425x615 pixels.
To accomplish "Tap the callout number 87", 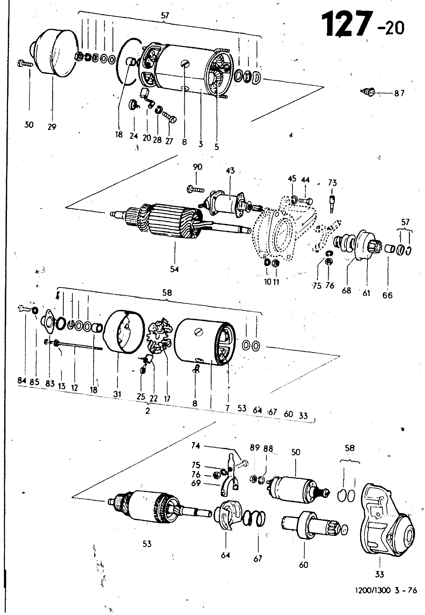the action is pos(399,93).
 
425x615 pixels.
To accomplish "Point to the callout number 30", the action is pos(29,125).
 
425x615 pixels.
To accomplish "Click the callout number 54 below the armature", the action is pos(174,269).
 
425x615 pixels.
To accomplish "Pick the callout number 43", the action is pos(230,171).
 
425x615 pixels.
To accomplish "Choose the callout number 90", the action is pos(197,167).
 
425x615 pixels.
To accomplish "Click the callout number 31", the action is pos(117,394).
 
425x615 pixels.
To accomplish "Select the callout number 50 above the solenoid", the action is pos(296,452).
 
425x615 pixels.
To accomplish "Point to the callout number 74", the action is pos(195,445).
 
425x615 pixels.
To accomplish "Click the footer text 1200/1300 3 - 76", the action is pos(386,590).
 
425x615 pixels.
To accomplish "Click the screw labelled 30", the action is pos(25,64).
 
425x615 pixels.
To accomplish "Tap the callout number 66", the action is pos(387,296).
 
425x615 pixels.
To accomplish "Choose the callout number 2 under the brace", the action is pos(147,411).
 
